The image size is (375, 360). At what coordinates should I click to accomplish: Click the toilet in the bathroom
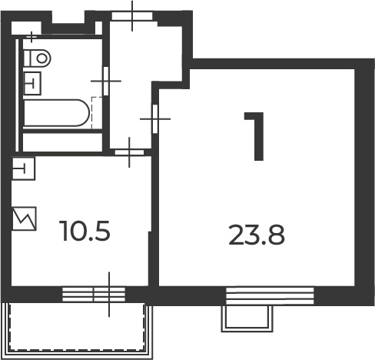point(38,58)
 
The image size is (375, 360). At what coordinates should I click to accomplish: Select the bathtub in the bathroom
point(56,113)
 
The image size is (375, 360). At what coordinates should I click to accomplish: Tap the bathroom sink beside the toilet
point(32,83)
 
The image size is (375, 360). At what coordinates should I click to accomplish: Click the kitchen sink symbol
point(24,169)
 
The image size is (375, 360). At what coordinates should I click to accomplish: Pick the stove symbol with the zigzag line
point(25,218)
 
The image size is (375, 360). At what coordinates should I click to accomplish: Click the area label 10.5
point(85,231)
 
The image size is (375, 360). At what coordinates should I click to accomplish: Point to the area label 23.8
point(257,235)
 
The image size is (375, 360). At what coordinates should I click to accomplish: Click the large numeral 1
point(254,136)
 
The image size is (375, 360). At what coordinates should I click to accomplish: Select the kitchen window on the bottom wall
point(94,295)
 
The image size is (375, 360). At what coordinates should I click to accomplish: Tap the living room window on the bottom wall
point(270,296)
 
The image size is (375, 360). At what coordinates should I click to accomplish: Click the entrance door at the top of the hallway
point(132,16)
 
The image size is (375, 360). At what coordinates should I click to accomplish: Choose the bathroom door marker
point(106,81)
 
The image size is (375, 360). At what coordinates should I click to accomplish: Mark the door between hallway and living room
point(155,118)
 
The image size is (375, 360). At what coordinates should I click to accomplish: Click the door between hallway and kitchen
point(129,152)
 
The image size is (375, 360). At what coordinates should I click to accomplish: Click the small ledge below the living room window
point(247,318)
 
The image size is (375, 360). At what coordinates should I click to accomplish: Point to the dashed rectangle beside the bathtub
point(97,113)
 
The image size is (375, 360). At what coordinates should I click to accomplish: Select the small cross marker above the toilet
point(32,37)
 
